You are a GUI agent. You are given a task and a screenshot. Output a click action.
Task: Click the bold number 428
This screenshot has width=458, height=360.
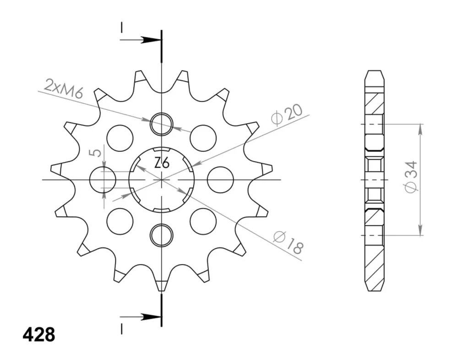39,335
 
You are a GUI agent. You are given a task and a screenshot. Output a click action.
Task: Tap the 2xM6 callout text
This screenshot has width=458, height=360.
64,88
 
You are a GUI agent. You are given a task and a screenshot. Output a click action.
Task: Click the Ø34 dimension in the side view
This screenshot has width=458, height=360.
411,177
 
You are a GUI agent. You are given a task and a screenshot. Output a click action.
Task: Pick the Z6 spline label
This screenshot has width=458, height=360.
162,163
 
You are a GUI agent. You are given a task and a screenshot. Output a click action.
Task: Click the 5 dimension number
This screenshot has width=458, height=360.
97,153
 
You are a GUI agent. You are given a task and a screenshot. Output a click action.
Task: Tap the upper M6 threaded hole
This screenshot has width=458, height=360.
161,124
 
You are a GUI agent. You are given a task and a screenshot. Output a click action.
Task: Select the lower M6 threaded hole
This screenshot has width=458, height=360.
161,235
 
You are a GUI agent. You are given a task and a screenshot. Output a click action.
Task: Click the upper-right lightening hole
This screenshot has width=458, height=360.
203,138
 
